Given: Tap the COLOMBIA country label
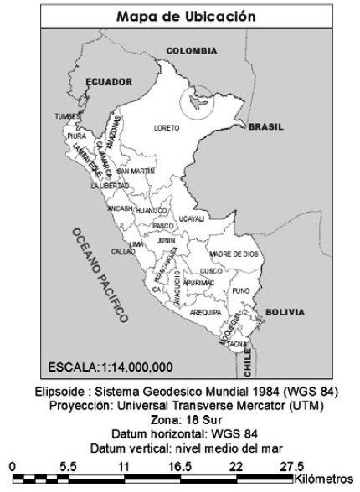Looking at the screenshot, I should pos(192,51).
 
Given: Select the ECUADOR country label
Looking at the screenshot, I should pos(109,81).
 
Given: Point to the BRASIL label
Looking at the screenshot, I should pos(265,127).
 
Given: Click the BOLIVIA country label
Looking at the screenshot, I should pos(285,312).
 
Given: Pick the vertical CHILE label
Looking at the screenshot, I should pos(247,361).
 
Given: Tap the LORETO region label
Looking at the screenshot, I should pos(167,128).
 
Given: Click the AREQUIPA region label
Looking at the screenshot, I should pos(205,311).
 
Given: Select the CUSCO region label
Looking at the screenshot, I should pos(211,271).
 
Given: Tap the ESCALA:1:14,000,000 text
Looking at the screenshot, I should pos(111,366).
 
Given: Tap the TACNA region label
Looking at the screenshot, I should pos(237,344).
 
